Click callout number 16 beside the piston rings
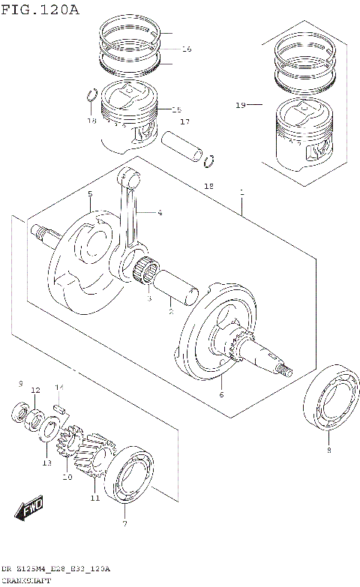coord(186,49)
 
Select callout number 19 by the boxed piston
coord(240,106)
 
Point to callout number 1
coord(241,193)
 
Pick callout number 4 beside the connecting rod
coord(160,213)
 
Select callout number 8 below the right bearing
coord(328,450)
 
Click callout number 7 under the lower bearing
coord(124,524)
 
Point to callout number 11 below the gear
coord(94,498)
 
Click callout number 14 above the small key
coord(58,388)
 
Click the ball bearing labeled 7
coord(129,477)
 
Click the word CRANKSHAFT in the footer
coord(27,581)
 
